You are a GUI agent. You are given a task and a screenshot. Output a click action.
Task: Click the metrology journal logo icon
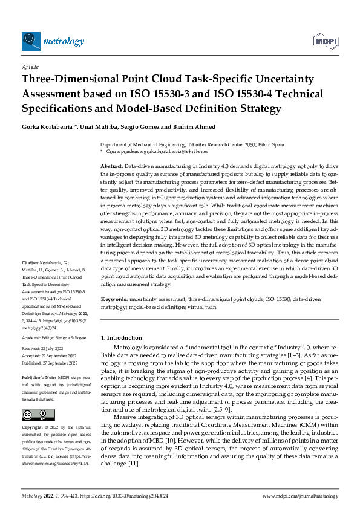31,41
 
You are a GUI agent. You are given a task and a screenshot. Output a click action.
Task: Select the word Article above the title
30,66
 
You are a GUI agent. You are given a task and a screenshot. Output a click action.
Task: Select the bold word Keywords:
114,299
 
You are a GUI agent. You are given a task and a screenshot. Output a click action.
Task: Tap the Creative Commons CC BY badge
34,415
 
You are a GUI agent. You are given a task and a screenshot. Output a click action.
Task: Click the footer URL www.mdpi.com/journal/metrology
299,496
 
